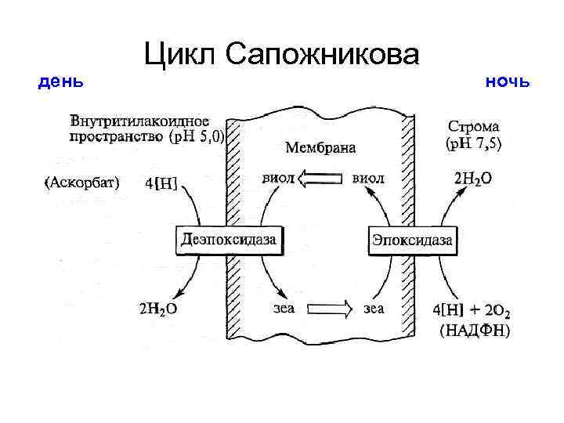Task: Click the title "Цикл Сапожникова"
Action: point(282,54)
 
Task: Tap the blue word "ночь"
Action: point(508,81)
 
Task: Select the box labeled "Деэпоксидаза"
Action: point(229,240)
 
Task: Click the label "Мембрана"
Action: point(320,147)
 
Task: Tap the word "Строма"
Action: point(473,125)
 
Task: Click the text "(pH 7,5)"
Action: point(474,143)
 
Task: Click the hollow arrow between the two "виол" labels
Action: point(320,179)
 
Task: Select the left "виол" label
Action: point(278,179)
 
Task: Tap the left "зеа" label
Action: point(283,308)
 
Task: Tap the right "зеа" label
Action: point(374,308)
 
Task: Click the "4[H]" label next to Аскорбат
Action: point(161,184)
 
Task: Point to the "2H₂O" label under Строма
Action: point(473,179)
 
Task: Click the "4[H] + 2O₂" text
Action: point(472,309)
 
